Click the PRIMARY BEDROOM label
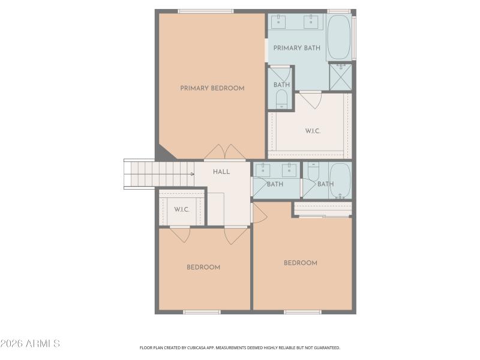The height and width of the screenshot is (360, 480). (x=212, y=88)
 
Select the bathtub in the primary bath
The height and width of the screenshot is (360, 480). (x=339, y=37)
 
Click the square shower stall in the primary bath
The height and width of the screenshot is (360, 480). (x=340, y=76)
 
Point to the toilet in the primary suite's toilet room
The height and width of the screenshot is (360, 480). (x=281, y=100)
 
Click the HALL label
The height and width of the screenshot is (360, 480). (x=221, y=172)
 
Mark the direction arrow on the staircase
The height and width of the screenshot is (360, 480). (x=191, y=174)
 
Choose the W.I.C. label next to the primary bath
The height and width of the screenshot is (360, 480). (x=313, y=131)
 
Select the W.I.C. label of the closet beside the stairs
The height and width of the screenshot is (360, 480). (x=182, y=209)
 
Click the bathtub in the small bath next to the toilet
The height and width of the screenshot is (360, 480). (x=340, y=180)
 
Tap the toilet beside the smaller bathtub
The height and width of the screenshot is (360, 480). (x=313, y=172)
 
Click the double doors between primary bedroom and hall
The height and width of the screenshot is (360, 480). (x=224, y=152)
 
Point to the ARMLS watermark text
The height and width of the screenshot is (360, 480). (x=30, y=344)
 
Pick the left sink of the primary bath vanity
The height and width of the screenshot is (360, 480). (x=279, y=22)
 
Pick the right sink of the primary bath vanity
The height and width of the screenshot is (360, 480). (x=311, y=22)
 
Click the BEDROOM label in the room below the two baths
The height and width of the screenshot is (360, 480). (x=300, y=263)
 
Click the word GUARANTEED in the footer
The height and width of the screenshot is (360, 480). (x=325, y=347)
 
